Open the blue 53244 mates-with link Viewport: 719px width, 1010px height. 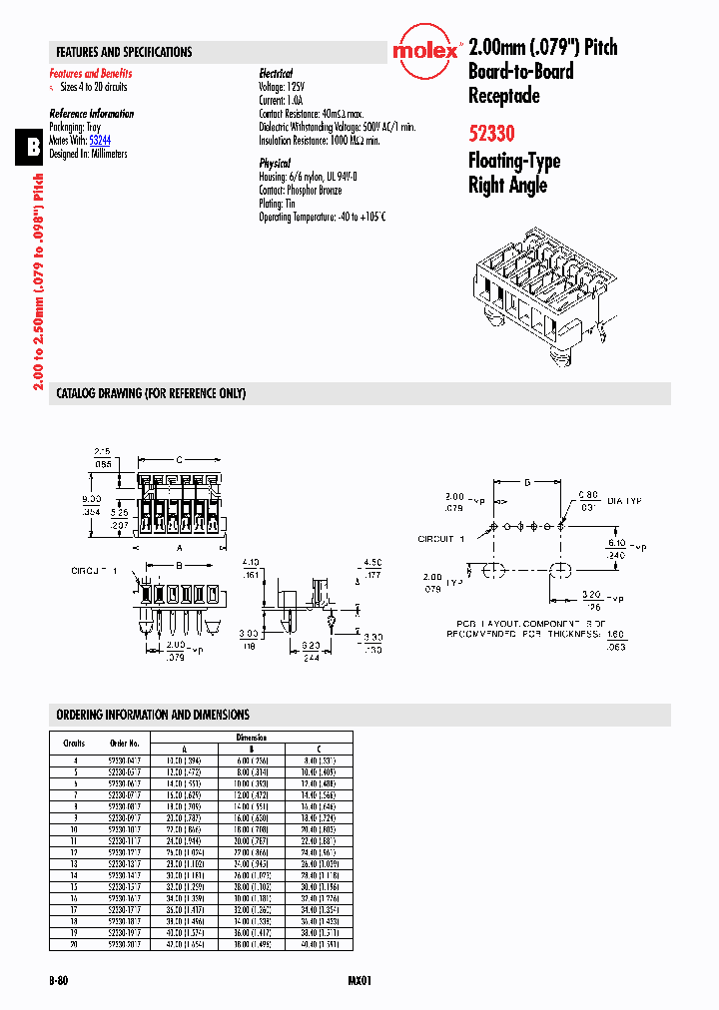click(x=100, y=142)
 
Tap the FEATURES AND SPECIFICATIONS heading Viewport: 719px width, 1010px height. click(x=124, y=52)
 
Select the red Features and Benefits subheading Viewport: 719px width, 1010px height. click(x=91, y=74)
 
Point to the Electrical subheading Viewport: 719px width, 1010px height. click(x=276, y=74)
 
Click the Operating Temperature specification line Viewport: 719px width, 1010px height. click(x=322, y=217)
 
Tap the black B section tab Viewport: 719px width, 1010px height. click(x=33, y=147)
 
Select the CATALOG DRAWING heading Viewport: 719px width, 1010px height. click(x=151, y=394)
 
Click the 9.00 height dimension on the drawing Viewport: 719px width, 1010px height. click(x=92, y=498)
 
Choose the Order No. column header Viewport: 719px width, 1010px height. click(x=125, y=743)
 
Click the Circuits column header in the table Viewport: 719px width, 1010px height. click(x=74, y=743)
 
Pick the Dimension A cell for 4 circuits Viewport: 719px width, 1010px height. click(x=184, y=760)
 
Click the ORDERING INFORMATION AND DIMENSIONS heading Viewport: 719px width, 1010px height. click(x=153, y=715)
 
